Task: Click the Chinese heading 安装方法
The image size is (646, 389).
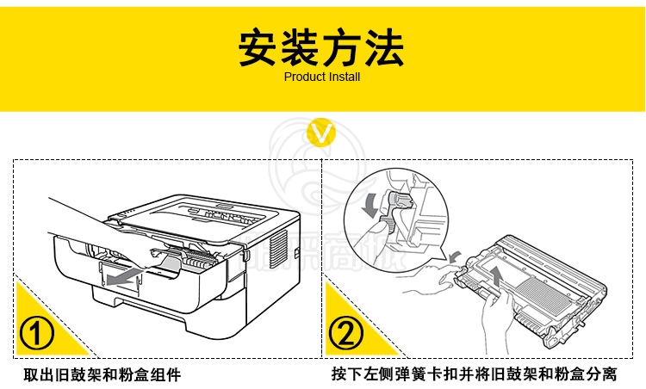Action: [321, 47]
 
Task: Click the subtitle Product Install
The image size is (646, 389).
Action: [322, 77]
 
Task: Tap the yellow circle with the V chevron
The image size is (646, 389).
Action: [321, 133]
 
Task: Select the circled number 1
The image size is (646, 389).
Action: [37, 332]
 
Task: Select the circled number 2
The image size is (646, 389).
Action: [346, 333]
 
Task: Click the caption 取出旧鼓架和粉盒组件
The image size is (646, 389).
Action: [102, 375]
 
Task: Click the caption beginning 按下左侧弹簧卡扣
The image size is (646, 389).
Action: [475, 374]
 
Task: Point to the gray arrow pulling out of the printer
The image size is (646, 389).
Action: [123, 277]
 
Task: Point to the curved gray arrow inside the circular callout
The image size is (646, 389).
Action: [370, 205]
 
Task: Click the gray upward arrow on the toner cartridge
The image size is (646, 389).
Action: [496, 275]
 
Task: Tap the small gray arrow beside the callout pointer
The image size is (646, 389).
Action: [455, 256]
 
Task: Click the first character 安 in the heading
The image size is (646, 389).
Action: [257, 47]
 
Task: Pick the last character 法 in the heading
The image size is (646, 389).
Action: [385, 47]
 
